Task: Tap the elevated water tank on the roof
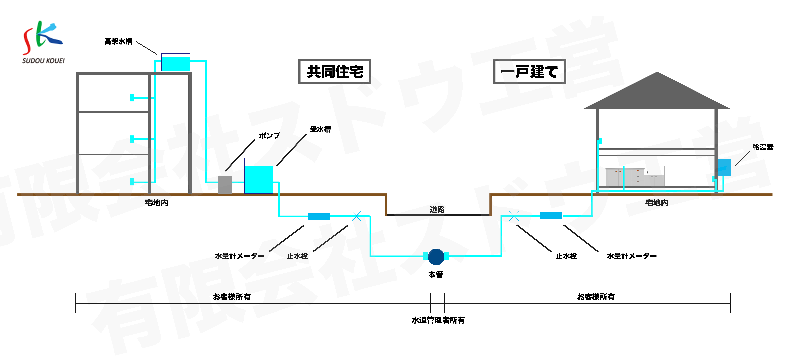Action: [x=176, y=62]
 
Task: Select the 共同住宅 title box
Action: [x=335, y=72]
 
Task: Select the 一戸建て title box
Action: [x=530, y=72]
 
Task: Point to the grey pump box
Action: [x=225, y=184]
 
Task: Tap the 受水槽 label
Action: [x=320, y=129]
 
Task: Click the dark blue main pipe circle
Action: [x=436, y=256]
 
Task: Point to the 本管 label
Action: [x=436, y=275]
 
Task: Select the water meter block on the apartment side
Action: [x=319, y=217]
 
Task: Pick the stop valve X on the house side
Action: [x=514, y=216]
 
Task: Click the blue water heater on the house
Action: [x=724, y=168]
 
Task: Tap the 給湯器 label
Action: [x=763, y=147]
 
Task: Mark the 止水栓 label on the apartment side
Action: [x=297, y=256]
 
